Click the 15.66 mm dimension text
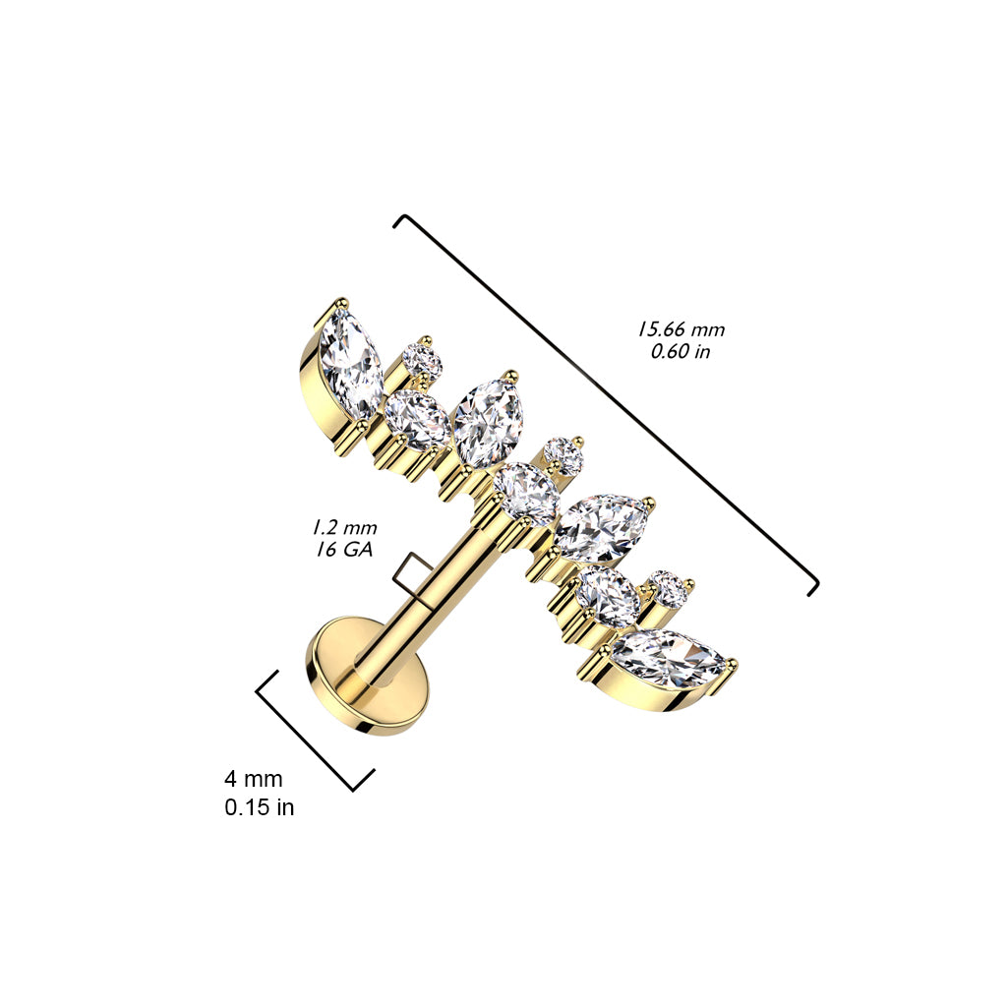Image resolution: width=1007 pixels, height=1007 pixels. (681, 329)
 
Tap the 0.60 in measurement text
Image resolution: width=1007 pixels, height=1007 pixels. (681, 352)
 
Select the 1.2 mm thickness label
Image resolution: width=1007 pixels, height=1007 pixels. (344, 528)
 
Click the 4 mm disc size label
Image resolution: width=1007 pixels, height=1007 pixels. (253, 779)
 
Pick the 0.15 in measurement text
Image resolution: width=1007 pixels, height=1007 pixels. (260, 807)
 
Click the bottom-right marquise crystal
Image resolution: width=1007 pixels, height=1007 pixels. (669, 660)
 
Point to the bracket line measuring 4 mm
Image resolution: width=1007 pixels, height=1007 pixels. (315, 731)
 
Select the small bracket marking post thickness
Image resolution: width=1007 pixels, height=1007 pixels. (407, 574)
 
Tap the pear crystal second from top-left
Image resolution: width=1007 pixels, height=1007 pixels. (417, 417)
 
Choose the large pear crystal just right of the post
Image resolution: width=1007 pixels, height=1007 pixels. (602, 528)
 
